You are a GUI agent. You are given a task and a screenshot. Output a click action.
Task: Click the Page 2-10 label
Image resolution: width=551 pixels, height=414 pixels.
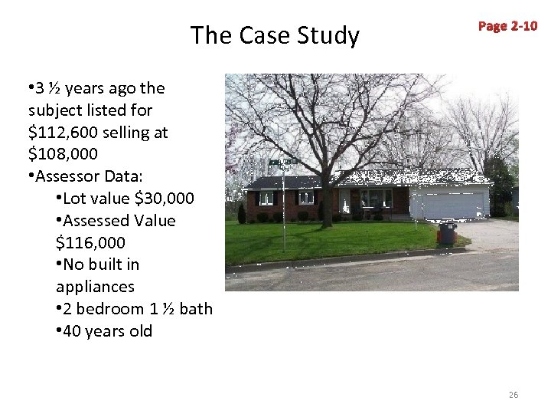coord(507,26)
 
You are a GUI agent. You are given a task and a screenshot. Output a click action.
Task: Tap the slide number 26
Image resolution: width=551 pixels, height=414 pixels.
coord(513,394)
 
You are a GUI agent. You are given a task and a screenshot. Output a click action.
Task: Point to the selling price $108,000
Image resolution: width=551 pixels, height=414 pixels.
coord(63,154)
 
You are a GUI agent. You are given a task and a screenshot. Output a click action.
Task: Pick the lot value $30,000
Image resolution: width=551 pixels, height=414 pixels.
coord(164,199)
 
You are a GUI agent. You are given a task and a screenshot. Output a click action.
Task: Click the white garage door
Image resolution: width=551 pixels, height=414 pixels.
coord(449,204)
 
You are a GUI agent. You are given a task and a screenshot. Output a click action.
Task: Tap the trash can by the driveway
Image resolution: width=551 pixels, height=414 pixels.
coord(447,232)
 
